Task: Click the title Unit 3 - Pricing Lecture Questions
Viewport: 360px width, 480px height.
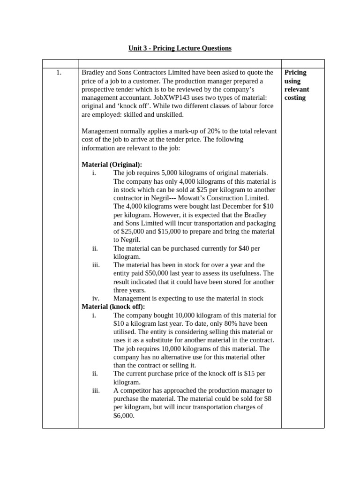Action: point(180,48)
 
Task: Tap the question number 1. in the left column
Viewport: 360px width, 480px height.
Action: point(59,73)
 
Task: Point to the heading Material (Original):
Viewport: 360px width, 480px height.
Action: point(112,165)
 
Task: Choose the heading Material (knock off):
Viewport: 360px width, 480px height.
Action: point(113,307)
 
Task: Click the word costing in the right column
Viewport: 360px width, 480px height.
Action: point(295,98)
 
